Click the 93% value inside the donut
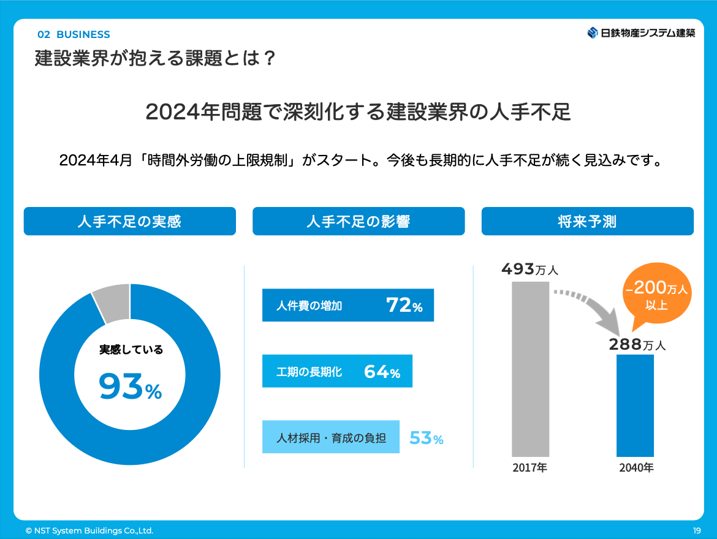coord(130,387)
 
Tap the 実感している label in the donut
coord(131,350)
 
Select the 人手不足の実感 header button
coord(129,221)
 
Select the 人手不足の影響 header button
coord(358,221)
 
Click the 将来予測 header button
coord(587,221)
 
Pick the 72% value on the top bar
coord(404,305)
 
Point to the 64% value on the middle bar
coord(382,372)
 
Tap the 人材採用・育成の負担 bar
coord(331,437)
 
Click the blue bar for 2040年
coord(635,405)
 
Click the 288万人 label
coord(637,345)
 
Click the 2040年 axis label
coord(636,469)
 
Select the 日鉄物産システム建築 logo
coord(641,33)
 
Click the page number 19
coord(697,530)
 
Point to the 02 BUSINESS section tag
coord(74,34)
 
